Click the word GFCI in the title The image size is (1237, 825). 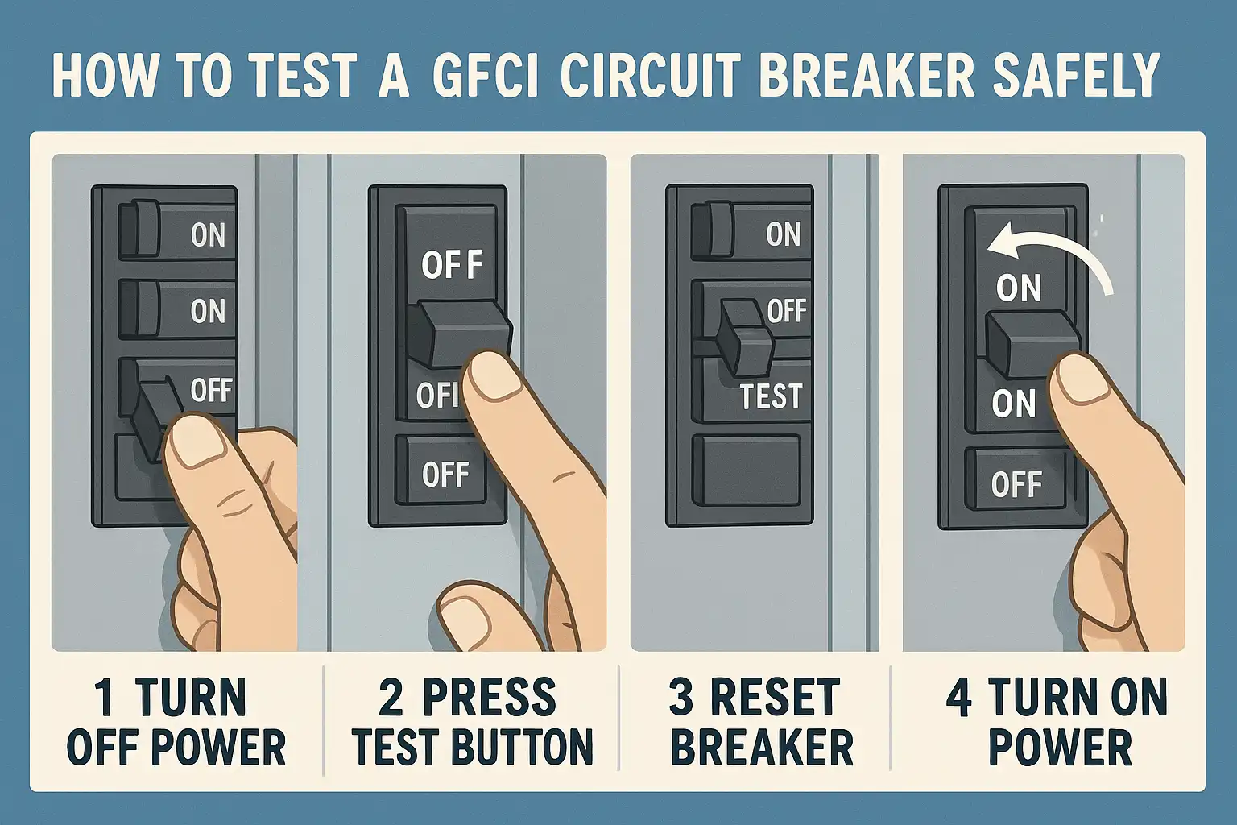[x=486, y=76]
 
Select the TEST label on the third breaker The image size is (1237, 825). [x=771, y=396]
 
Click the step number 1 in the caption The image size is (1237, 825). [x=103, y=699]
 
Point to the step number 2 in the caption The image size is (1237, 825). [x=391, y=699]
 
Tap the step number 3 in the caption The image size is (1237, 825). [x=681, y=699]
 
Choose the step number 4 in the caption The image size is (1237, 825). [x=958, y=699]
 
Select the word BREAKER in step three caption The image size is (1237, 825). [x=761, y=747]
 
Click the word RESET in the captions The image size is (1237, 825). [x=775, y=699]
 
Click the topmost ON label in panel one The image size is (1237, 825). [x=208, y=235]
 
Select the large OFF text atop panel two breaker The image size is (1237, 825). [x=452, y=265]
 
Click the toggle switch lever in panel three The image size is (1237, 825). [x=745, y=336]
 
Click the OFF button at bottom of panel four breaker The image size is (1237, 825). [x=1016, y=484]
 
